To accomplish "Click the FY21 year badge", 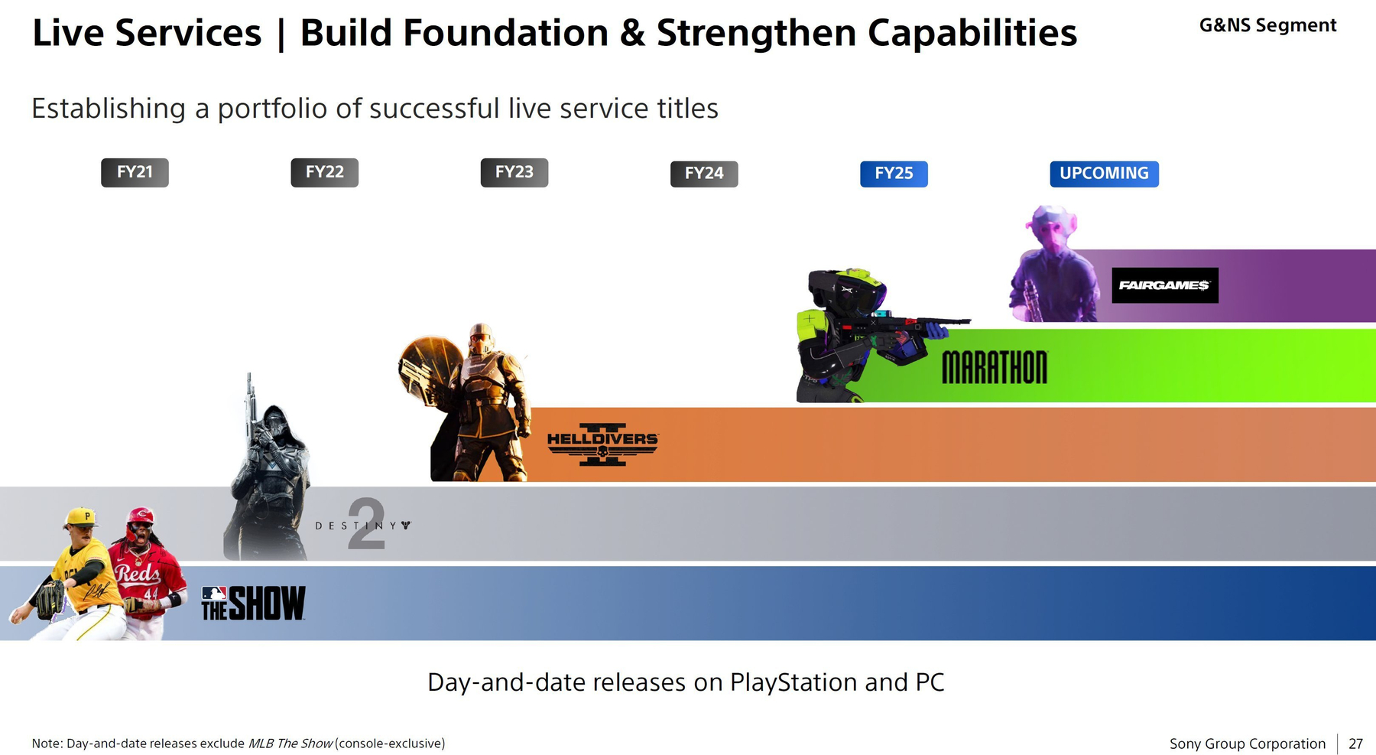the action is coord(135,173).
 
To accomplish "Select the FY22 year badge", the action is coord(324,173).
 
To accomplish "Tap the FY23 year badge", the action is coord(514,173).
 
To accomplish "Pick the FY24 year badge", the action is coord(704,174).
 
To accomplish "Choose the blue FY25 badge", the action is coord(894,174).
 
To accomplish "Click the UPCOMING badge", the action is coord(1104,174).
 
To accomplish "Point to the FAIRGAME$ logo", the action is coord(1164,285).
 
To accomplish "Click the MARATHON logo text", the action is coord(995,367).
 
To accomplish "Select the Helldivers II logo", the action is coord(602,444).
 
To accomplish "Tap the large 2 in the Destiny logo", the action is coord(366,524).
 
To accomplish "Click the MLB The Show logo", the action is coord(253,604).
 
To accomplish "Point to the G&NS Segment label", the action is coord(1267,25).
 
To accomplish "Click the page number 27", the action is coord(1355,744).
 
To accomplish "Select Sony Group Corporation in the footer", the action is coord(1248,744).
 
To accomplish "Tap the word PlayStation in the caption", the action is coord(793,682).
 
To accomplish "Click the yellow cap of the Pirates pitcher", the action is coord(81,518).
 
